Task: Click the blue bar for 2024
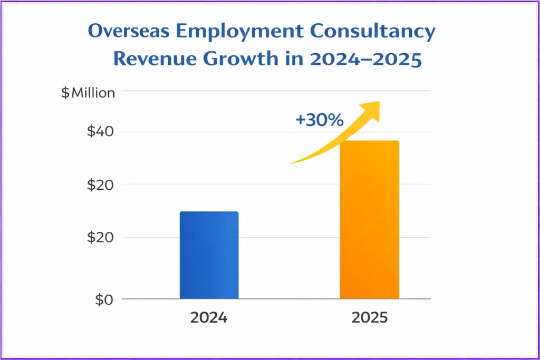point(209,255)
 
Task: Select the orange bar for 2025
point(369,220)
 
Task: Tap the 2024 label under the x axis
point(209,318)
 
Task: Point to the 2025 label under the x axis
point(369,318)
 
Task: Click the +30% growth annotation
point(320,120)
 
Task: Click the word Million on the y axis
point(93,93)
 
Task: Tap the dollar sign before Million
point(65,93)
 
